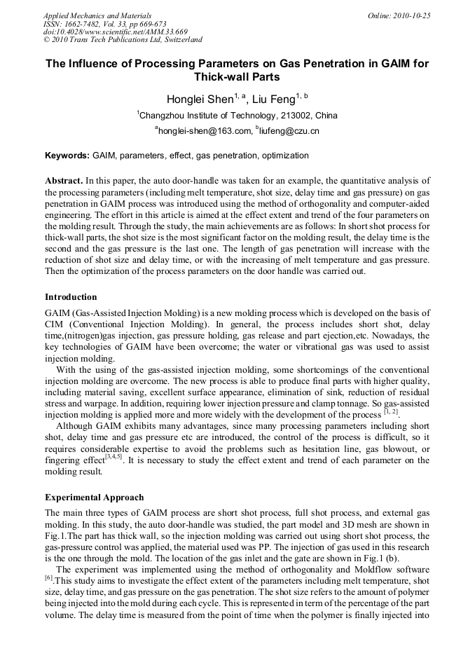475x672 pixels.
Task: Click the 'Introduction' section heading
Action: pyautogui.click(x=71, y=297)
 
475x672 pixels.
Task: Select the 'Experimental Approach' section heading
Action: pyautogui.click(x=95, y=498)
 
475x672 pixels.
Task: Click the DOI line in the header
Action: pyautogui.click(x=115, y=32)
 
